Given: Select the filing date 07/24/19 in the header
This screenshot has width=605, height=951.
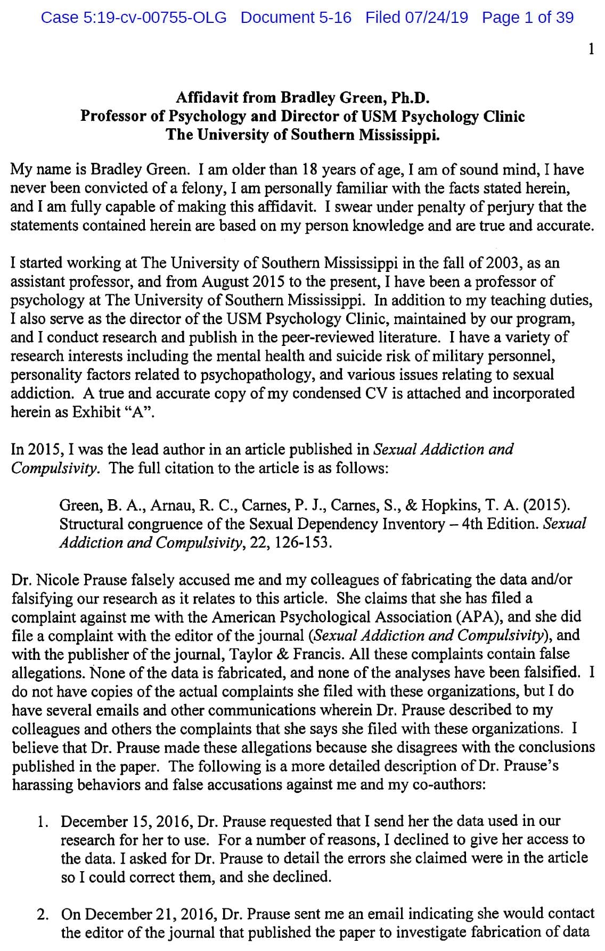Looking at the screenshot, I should tap(437, 18).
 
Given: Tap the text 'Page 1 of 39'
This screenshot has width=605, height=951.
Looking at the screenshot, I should tap(528, 18).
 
